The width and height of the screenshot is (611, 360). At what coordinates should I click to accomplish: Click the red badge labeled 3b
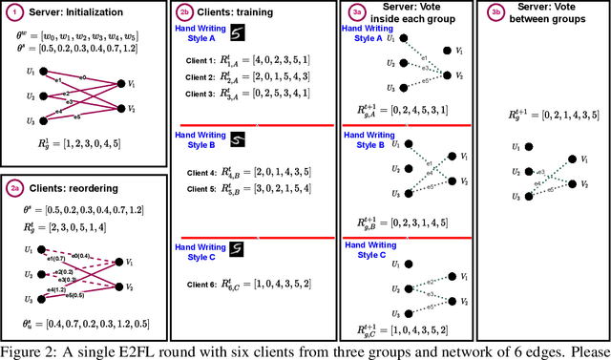point(496,11)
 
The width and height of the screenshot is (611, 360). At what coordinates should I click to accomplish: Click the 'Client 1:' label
point(199,59)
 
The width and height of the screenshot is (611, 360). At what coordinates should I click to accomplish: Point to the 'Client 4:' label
point(199,174)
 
